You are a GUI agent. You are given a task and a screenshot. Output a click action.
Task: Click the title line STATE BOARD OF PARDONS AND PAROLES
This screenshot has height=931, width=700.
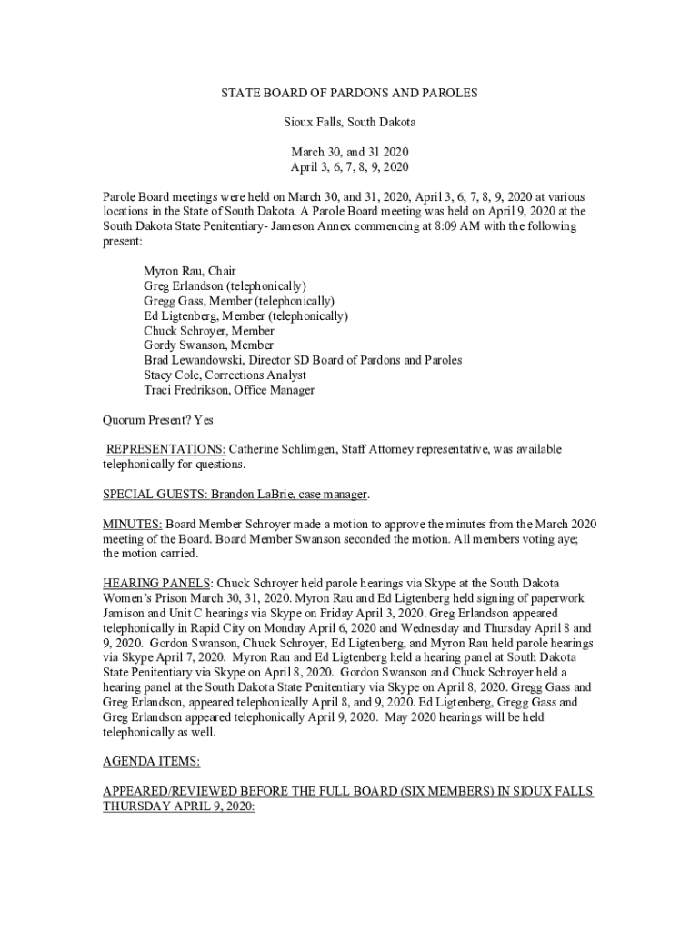[x=349, y=93]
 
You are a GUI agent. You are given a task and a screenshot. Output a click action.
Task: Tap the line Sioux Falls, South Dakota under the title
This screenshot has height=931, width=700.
[x=349, y=121]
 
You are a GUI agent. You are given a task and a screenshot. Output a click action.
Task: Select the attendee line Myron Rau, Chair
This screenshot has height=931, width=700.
[x=189, y=272]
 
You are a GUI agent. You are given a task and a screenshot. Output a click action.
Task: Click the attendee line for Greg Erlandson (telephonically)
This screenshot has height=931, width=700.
[x=225, y=286]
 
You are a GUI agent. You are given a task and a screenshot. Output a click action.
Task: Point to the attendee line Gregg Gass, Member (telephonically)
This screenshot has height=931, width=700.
[x=238, y=301]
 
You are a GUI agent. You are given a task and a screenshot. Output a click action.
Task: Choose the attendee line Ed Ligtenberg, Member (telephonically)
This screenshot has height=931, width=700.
[x=245, y=315]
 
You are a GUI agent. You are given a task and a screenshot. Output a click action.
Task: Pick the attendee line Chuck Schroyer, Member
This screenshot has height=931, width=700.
[x=208, y=331]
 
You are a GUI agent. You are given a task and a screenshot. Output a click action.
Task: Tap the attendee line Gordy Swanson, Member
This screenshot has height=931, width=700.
[x=208, y=345]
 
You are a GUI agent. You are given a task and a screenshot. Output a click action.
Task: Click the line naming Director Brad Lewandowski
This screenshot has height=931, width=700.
[x=302, y=360]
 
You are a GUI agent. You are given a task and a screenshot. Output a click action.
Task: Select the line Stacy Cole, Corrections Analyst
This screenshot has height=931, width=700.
[x=225, y=375]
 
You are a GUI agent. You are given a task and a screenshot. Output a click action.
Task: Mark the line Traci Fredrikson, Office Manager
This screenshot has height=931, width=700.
[x=228, y=390]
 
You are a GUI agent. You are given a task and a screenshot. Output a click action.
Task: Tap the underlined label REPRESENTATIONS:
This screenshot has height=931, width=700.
[x=166, y=449]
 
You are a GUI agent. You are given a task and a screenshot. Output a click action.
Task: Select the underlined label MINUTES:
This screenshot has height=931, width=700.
[x=133, y=524]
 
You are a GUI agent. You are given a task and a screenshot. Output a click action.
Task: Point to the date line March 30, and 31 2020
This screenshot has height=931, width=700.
[x=349, y=151]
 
